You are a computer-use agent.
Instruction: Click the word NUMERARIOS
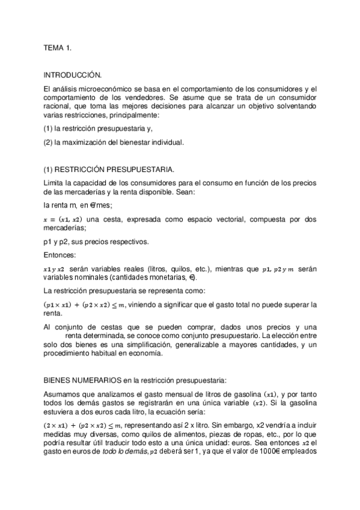point(96,380)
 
